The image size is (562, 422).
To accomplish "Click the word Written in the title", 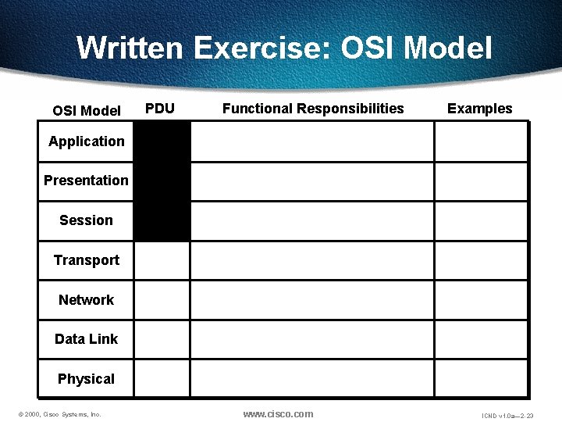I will tap(129, 48).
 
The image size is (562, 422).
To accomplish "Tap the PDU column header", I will tap(160, 109).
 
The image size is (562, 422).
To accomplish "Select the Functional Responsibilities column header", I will tap(313, 109).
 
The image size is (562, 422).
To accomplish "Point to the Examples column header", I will tap(479, 109).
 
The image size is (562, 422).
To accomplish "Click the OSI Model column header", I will tap(86, 110).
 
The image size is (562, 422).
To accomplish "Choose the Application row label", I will tap(86, 141).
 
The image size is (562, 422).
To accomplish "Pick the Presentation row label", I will tap(86, 181).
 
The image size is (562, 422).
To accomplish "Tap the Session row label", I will tap(86, 220).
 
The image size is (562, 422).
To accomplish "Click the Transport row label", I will tap(86, 260).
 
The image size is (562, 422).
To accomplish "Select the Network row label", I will tap(86, 300).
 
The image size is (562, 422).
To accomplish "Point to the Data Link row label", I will tap(86, 339).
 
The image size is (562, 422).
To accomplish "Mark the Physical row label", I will tap(86, 379).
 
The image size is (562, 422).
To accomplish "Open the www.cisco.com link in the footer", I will tap(278, 414).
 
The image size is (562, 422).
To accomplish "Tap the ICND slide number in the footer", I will tap(507, 415).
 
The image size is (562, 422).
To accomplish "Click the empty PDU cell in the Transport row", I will tap(162, 260).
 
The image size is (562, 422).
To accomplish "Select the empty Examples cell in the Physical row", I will tap(481, 379).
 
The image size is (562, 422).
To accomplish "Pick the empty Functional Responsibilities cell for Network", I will tap(312, 300).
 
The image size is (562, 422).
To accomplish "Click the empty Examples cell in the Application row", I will tap(481, 141).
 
